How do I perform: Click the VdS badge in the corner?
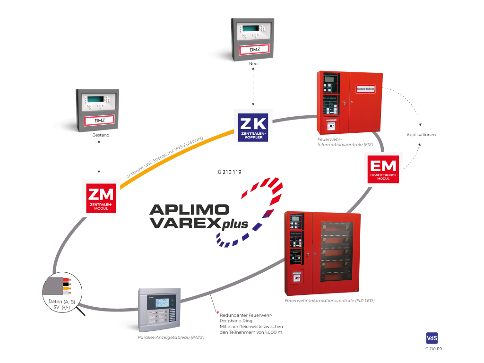[x=431, y=338]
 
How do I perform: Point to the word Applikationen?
[x=421, y=135]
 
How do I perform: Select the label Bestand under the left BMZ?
[x=101, y=135]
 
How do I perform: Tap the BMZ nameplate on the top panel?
[x=254, y=50]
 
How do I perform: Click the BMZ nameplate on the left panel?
[x=100, y=120]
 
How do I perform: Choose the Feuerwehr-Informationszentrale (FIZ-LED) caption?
[x=329, y=300]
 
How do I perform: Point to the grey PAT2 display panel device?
[x=159, y=309]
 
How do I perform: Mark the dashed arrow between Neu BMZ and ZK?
[x=254, y=87]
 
